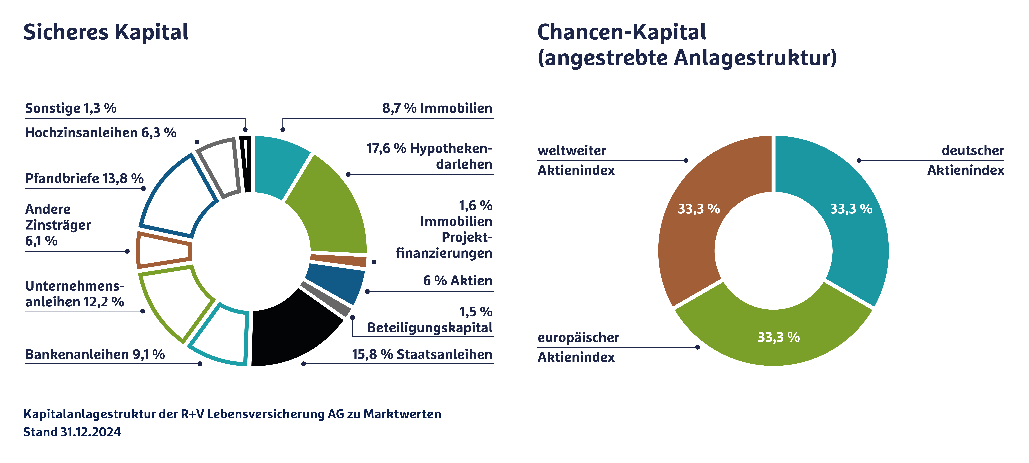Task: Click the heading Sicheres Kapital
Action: [106, 32]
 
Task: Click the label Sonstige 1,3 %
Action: [71, 108]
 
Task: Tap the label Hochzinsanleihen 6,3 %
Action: [101, 133]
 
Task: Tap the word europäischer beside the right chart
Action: [578, 338]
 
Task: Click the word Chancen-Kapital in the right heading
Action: [622, 32]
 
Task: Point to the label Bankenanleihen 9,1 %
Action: [95, 354]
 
